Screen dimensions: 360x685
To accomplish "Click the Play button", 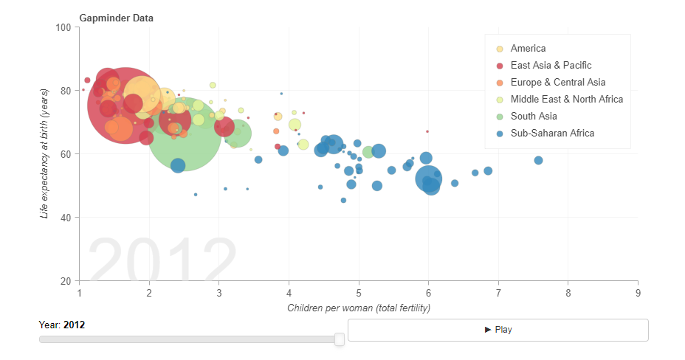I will coord(498,330).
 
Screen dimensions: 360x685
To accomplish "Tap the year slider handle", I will coord(340,339).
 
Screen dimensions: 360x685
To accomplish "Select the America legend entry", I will coord(528,49).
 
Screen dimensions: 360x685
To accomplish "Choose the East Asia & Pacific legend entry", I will coord(551,66).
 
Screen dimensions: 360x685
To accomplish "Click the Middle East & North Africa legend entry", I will coord(566,99).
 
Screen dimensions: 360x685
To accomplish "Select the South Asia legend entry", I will coord(534,116).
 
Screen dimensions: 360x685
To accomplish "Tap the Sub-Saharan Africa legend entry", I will coord(552,133).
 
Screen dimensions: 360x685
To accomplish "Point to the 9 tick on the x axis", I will coord(638,294).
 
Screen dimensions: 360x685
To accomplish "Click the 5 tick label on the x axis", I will coord(359,294).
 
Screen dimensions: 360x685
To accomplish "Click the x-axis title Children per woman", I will coord(359,308).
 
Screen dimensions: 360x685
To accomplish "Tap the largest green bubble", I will coord(184,134).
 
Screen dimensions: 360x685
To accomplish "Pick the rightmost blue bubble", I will coord(539,160).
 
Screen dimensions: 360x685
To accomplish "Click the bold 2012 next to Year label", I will coord(75,325).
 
